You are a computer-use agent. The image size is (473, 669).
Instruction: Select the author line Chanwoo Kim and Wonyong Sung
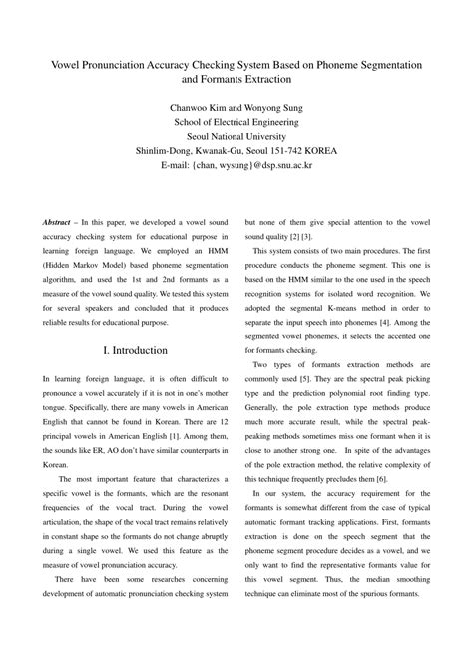pyautogui.click(x=236, y=103)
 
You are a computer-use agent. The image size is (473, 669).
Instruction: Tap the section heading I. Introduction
pyautogui.click(x=135, y=351)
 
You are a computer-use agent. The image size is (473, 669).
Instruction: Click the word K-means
pyautogui.click(x=352, y=306)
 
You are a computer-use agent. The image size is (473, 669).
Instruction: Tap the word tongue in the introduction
pyautogui.click(x=58, y=432)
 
